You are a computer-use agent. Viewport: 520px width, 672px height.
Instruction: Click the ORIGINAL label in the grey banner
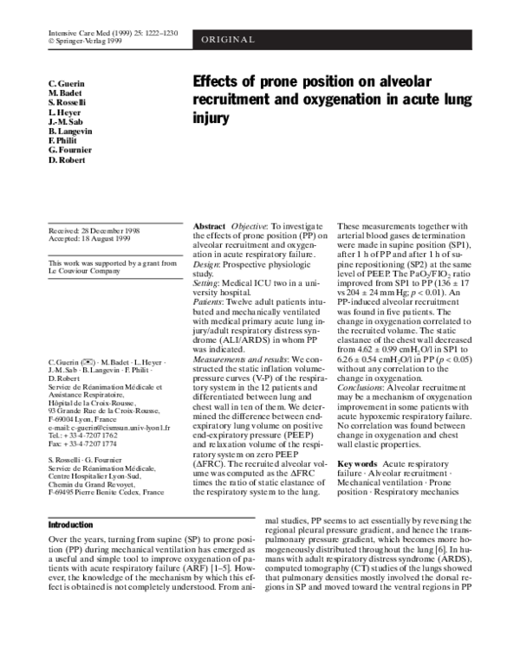pyautogui.click(x=230, y=40)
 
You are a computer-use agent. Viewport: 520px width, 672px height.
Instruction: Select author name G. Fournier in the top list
pyautogui.click(x=72, y=151)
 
